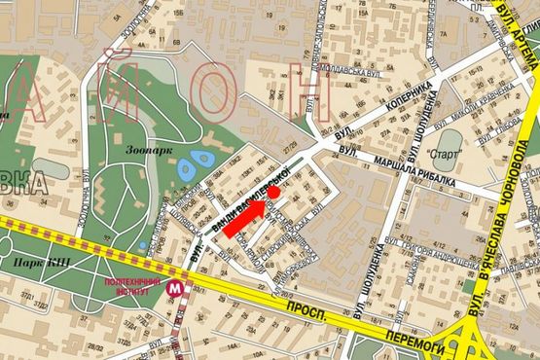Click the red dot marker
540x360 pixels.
point(274,193)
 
